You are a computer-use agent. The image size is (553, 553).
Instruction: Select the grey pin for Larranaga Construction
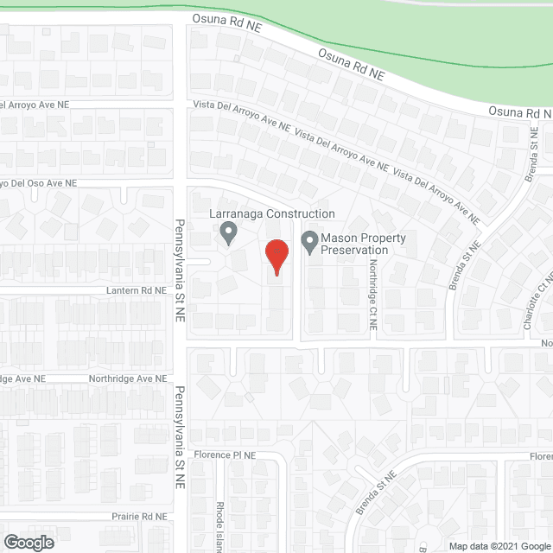[228, 233]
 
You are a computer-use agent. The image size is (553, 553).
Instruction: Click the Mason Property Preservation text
[354, 244]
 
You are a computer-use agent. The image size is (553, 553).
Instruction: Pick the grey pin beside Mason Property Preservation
[309, 242]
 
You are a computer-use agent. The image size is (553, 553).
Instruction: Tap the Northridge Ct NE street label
[373, 295]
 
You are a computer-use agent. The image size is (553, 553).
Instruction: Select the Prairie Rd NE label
[137, 517]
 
